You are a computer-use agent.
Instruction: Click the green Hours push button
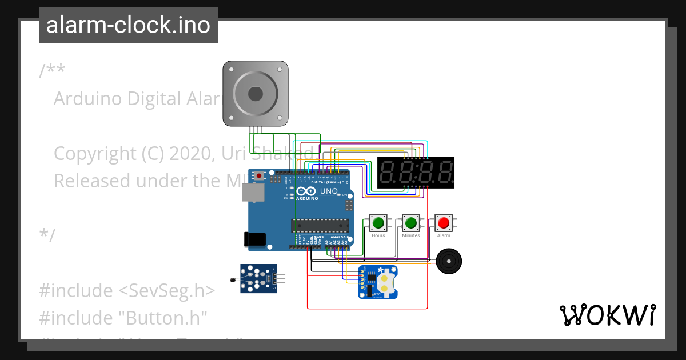377,222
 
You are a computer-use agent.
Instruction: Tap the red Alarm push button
443,222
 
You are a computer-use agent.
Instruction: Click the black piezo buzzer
448,262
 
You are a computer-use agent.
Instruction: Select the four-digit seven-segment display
416,173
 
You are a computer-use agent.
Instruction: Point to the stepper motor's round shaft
255,93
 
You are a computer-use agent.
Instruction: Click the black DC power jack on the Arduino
256,239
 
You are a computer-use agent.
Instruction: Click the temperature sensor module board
258,278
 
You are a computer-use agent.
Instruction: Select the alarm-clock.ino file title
128,25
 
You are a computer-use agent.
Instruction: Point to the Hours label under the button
378,235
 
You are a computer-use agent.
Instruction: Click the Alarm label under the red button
443,235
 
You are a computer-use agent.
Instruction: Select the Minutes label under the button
410,235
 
